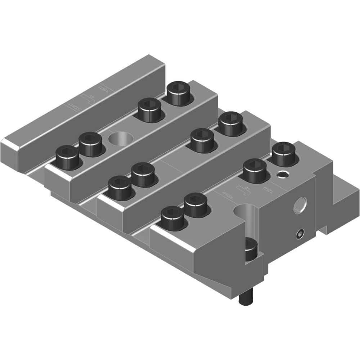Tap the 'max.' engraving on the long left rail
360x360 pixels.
click(74, 106)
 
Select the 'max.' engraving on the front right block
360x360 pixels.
click(228, 195)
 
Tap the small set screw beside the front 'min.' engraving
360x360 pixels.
click(282, 175)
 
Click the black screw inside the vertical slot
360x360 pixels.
click(250, 248)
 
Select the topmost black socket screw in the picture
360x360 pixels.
click(180, 93)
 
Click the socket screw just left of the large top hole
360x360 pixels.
click(90, 144)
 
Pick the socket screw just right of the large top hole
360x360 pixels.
click(149, 110)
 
